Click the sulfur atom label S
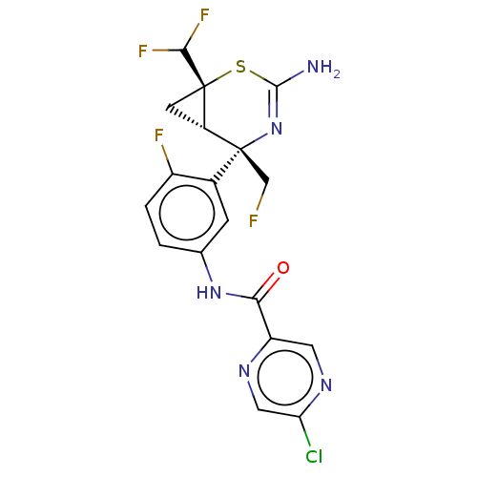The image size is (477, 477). pyautogui.click(x=240, y=67)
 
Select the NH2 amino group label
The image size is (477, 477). pyautogui.click(x=323, y=68)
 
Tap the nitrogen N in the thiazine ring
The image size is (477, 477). pyautogui.click(x=277, y=129)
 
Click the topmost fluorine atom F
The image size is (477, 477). pyautogui.click(x=204, y=15)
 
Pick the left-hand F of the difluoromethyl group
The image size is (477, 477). pyautogui.click(x=143, y=51)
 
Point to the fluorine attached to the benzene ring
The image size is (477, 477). pyautogui.click(x=159, y=135)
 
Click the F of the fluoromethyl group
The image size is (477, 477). pyautogui.click(x=253, y=220)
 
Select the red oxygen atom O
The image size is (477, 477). pyautogui.click(x=282, y=268)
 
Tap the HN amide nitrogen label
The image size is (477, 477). pyautogui.click(x=209, y=293)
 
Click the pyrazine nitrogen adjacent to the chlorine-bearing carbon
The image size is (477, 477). pyautogui.click(x=326, y=385)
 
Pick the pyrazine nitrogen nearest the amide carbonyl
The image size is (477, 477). pyautogui.click(x=244, y=371)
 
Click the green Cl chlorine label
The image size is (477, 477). pyautogui.click(x=314, y=456)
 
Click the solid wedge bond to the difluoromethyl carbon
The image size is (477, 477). pyautogui.click(x=194, y=68)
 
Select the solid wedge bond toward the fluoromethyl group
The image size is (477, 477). pyautogui.click(x=255, y=166)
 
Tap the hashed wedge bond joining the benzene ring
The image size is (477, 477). pyautogui.click(x=227, y=166)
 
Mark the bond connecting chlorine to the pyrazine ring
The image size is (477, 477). pyautogui.click(x=304, y=431)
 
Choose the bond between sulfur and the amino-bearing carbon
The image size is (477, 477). pyautogui.click(x=262, y=79)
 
